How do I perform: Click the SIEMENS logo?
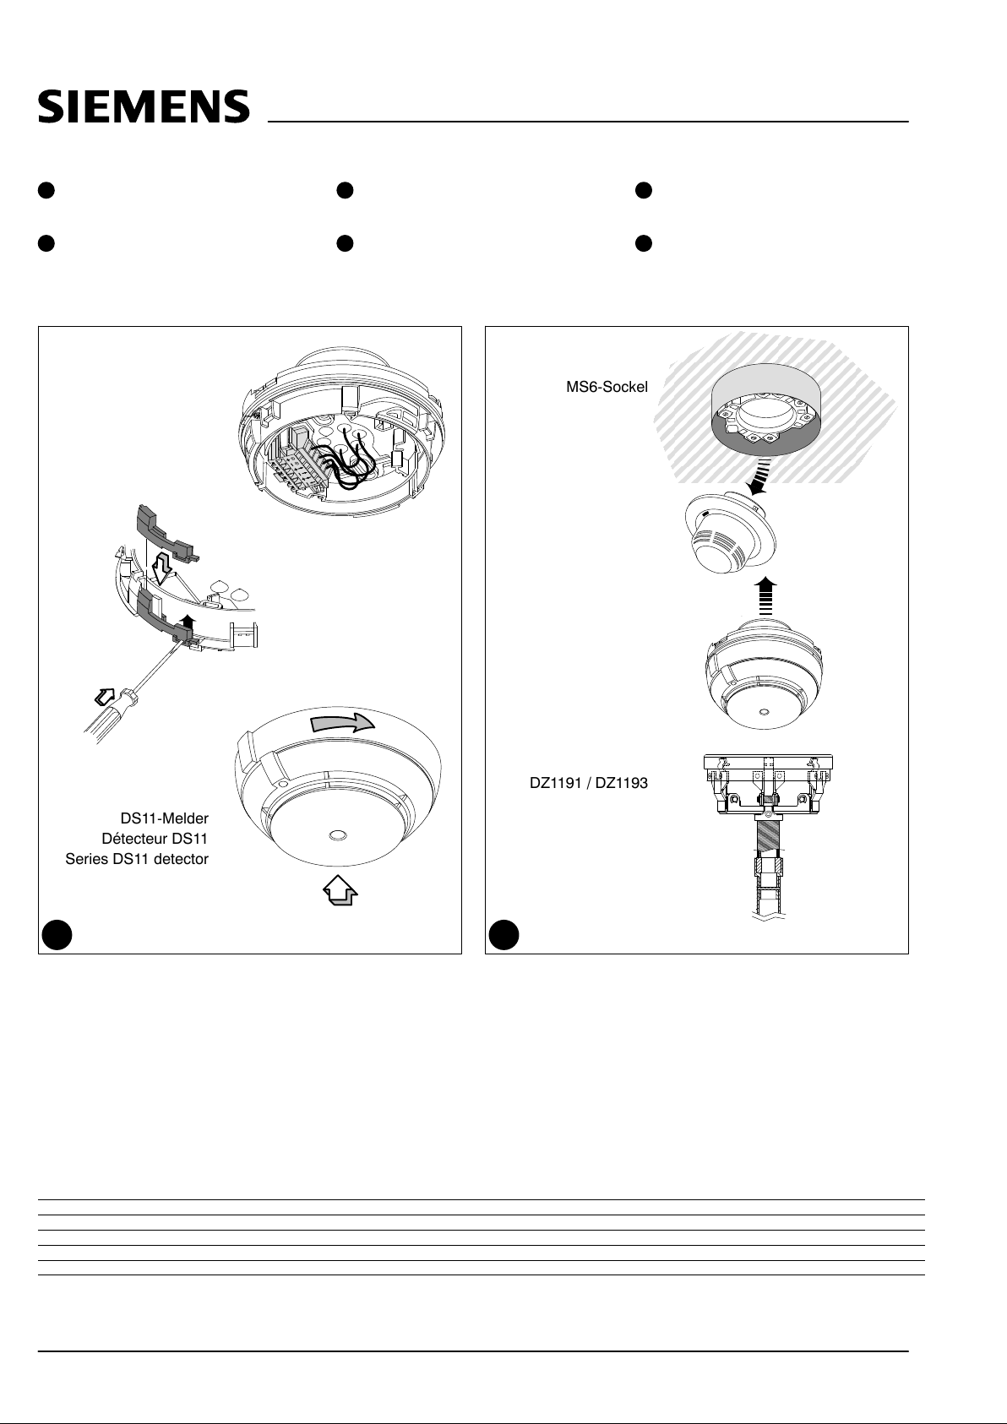click(x=144, y=106)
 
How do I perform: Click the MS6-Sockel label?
click(x=607, y=387)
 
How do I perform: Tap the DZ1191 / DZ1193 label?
click(x=589, y=783)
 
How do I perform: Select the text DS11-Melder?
click(x=164, y=818)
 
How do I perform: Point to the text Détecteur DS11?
click(x=155, y=839)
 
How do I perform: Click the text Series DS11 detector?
click(x=137, y=859)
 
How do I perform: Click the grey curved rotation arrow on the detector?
click(x=342, y=722)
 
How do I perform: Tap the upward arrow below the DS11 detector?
click(x=340, y=889)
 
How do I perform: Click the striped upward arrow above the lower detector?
click(x=766, y=596)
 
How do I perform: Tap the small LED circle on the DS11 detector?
click(x=337, y=834)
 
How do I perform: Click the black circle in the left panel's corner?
click(x=57, y=934)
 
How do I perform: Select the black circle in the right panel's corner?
click(x=503, y=934)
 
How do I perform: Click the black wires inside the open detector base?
click(x=346, y=461)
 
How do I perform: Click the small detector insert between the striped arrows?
click(x=731, y=534)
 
